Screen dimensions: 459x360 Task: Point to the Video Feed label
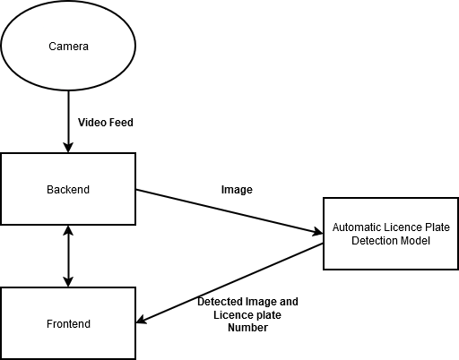click(x=106, y=123)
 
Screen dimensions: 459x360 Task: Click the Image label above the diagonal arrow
click(x=237, y=190)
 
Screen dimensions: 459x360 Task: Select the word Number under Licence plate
click(x=247, y=328)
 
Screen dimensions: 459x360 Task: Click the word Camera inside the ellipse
click(x=68, y=47)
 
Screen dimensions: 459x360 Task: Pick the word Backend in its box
click(x=68, y=190)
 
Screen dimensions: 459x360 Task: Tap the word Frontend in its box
click(x=68, y=324)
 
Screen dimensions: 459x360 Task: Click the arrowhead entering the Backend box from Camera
click(x=68, y=148)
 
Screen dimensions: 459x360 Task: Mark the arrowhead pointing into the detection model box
click(x=317, y=232)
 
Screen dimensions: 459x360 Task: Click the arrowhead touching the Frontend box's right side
click(x=141, y=320)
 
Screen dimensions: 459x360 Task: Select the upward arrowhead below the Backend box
click(x=68, y=230)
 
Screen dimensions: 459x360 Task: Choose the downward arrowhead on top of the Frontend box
click(x=68, y=282)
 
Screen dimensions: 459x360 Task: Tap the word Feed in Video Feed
click(x=121, y=123)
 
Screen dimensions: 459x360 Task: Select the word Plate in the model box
click(x=438, y=227)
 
